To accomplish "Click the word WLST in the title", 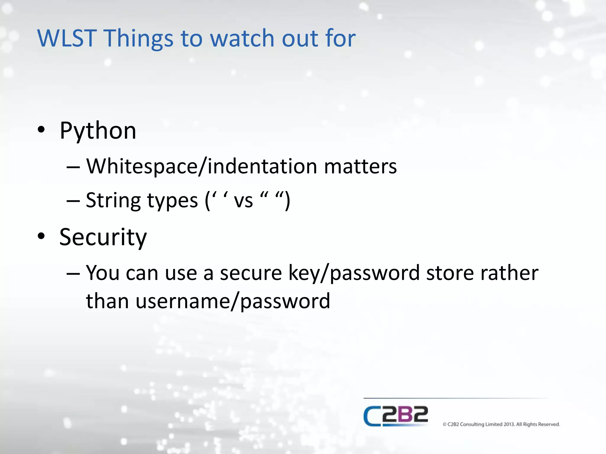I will click(67, 38).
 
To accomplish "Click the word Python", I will click(98, 131).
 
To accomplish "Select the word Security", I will click(103, 237).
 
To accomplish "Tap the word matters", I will click(360, 166).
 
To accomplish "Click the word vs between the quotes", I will click(243, 201).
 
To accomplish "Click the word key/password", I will click(354, 273).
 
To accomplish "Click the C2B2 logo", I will click(396, 416).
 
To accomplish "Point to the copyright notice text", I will click(501, 424).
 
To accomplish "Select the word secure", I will click(251, 273).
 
